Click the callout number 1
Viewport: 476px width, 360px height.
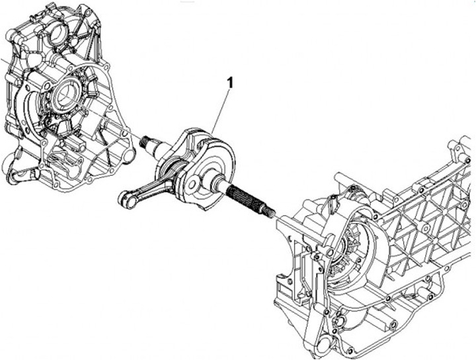click(x=230, y=83)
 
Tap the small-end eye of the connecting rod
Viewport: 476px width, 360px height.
click(x=126, y=197)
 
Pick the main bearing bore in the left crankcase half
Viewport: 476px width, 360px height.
click(x=66, y=93)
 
